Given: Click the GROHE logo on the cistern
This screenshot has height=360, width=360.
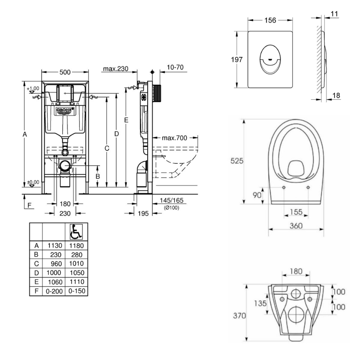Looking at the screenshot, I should click(65, 111).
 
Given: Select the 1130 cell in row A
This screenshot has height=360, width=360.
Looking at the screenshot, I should click(54, 246).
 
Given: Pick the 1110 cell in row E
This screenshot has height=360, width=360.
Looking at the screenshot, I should click(76, 282).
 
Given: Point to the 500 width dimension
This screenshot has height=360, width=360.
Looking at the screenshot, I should click(65, 72).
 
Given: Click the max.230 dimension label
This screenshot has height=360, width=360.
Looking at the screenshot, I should click(115, 69).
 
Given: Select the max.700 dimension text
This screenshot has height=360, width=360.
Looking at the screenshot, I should click(174, 138).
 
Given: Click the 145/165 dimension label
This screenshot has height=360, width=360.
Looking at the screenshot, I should click(171, 200).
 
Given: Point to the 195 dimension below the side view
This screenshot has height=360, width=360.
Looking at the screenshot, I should click(143, 213).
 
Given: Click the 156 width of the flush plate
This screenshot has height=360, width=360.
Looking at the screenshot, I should click(270, 21).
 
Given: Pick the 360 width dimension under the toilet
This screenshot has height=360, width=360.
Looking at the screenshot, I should click(296, 226).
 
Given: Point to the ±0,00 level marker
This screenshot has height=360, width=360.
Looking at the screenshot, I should click(33, 183).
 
